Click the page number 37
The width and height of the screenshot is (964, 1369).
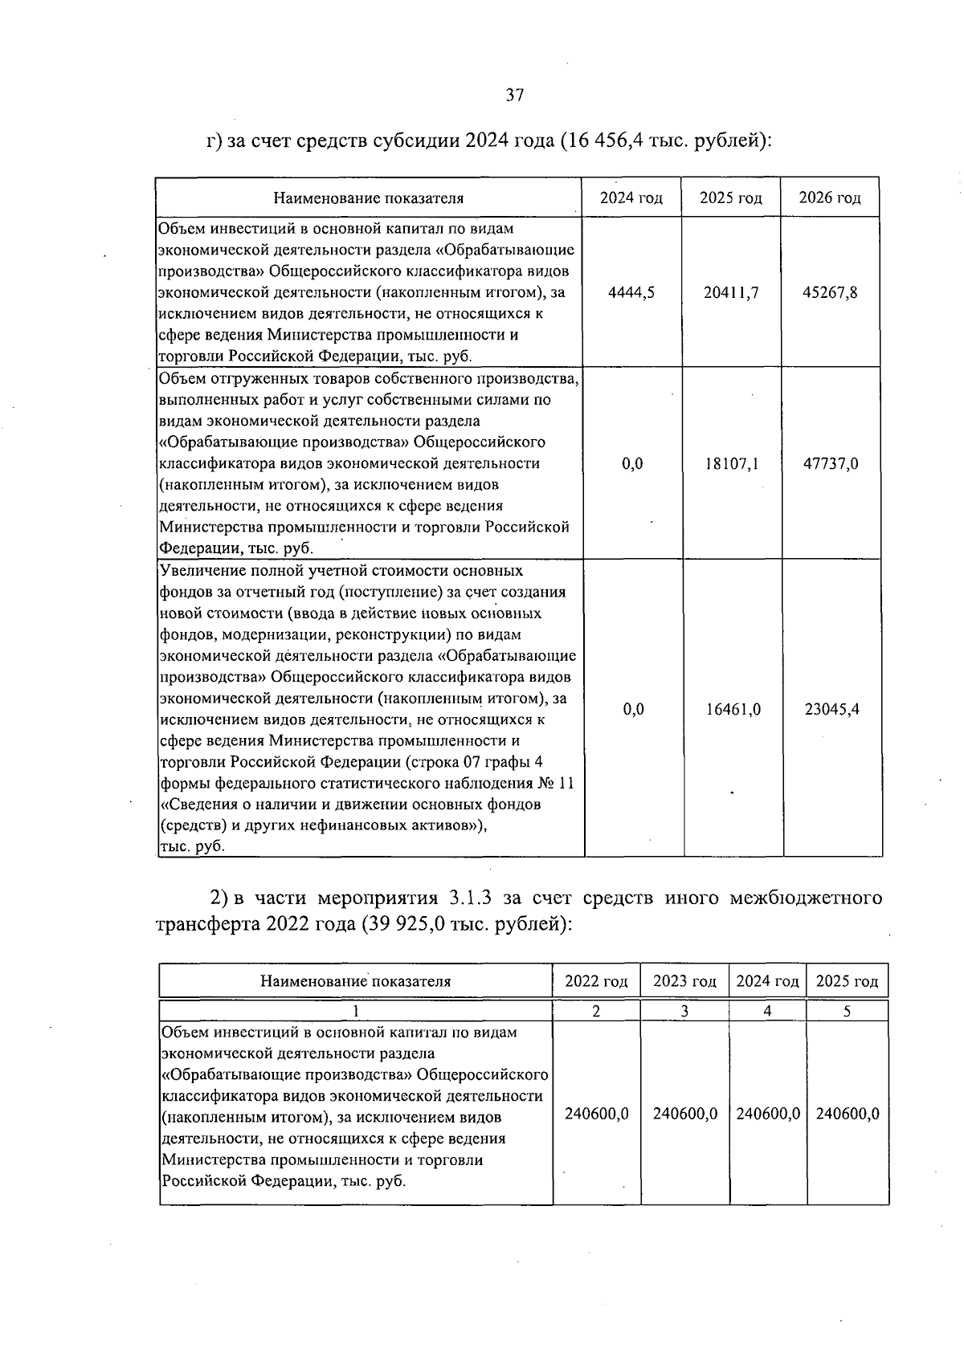coord(515,95)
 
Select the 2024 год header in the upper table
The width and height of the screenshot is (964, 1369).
coord(631,198)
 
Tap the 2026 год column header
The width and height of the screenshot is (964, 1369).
coord(830,198)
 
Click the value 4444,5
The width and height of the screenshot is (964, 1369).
coord(631,292)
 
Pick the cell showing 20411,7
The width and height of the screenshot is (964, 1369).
coord(731,292)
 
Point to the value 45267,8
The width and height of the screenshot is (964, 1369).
coord(830,292)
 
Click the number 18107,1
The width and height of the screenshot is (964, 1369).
coord(731,463)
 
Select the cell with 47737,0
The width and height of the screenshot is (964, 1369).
coord(831,463)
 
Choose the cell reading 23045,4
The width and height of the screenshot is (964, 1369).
coord(831,709)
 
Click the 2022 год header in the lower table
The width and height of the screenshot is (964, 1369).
coord(596,980)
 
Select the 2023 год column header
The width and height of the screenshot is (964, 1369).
coord(684,980)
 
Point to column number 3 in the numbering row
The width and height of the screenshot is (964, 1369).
coord(684,1011)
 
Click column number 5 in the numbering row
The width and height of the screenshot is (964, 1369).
coord(847,1011)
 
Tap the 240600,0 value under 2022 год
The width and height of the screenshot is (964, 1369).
coord(597,1114)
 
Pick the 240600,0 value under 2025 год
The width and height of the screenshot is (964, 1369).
coord(848,1114)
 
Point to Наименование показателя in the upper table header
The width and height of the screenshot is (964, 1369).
coord(369,198)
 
